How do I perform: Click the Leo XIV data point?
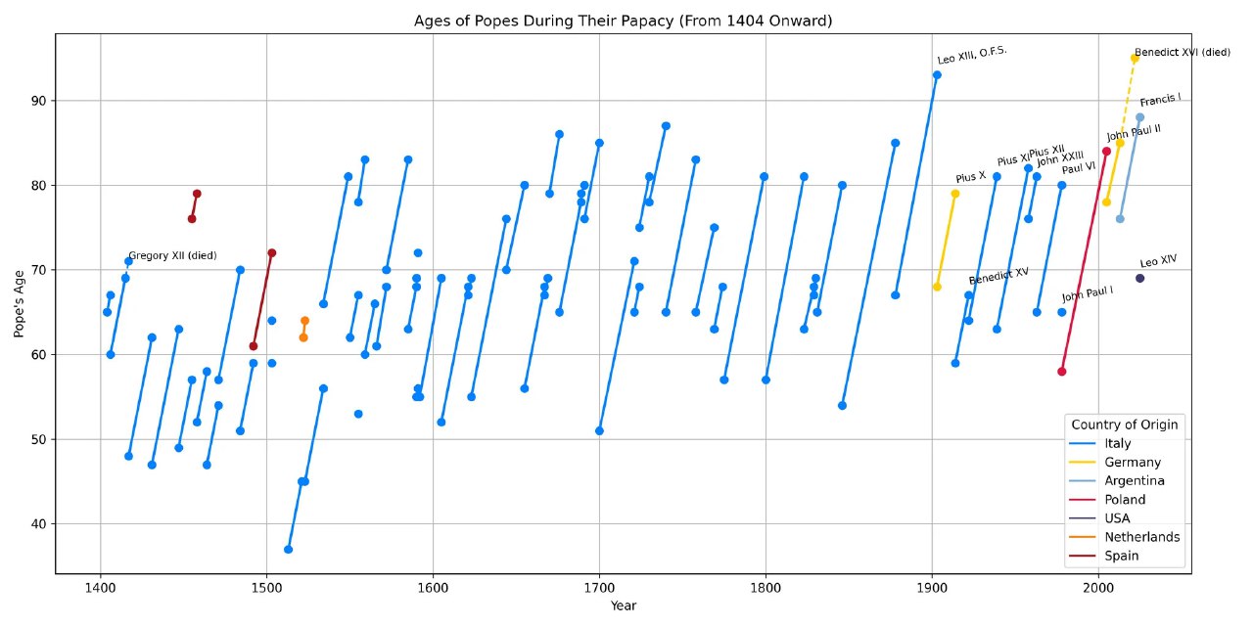pos(1139,279)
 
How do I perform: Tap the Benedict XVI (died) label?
pos(1182,52)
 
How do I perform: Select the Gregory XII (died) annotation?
pos(172,256)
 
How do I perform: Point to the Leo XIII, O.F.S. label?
pos(971,56)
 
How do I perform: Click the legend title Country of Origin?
pos(1125,425)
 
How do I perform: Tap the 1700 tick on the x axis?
pos(599,589)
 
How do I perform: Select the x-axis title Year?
pos(623,606)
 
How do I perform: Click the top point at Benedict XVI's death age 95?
pos(1135,59)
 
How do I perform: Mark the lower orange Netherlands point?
pos(303,337)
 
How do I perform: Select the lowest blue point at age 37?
pos(288,550)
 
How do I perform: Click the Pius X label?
pos(970,177)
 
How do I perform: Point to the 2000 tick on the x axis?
pos(1098,589)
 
